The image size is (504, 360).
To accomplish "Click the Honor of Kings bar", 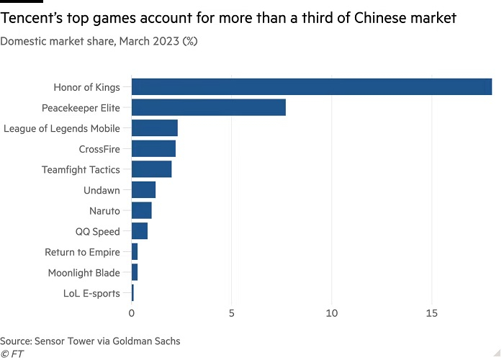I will tap(311, 87).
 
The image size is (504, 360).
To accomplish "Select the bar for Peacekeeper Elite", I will tap(209, 108).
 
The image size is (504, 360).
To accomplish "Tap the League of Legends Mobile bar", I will tap(154, 129).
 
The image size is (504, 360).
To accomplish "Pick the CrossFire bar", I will tap(153, 149).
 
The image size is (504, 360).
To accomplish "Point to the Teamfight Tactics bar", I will tap(151, 170).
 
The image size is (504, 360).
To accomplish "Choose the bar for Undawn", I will tap(143, 190).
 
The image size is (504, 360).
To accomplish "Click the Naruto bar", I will tap(141, 211).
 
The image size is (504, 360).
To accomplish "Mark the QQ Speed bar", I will tap(140, 231).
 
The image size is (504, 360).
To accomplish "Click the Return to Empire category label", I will tap(82, 252).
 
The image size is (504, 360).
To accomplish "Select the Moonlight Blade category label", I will tap(84, 273).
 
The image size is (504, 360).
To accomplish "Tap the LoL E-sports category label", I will tap(91, 293).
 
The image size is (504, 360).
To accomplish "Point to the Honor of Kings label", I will tap(86, 88).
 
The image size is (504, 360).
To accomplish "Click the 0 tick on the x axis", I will tap(132, 314).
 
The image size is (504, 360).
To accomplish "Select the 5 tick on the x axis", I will tap(232, 314).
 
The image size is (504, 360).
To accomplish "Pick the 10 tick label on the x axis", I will tap(332, 314).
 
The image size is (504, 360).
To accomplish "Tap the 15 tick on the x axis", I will tap(432, 314).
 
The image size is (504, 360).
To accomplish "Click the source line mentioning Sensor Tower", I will tap(90, 341).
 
